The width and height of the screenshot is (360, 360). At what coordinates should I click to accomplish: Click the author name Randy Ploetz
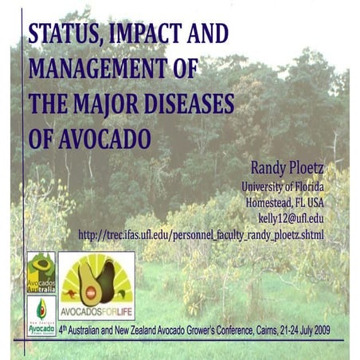coord(287,169)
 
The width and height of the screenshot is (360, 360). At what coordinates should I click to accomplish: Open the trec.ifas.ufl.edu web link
coord(202,235)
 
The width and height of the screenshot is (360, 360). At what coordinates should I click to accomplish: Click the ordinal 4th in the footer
coord(65,328)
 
